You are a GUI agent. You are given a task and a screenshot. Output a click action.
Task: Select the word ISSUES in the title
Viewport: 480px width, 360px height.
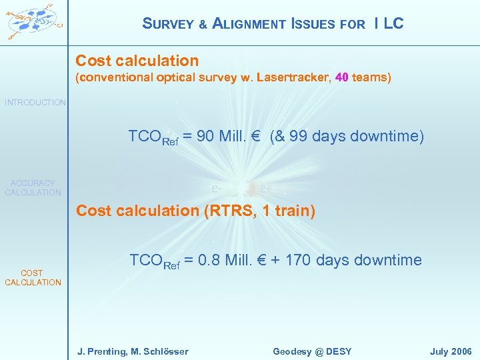tap(313, 24)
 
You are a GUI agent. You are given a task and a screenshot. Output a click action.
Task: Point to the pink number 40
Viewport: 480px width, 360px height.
tap(342, 78)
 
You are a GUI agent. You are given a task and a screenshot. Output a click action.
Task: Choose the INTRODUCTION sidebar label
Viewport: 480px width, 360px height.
tap(35, 103)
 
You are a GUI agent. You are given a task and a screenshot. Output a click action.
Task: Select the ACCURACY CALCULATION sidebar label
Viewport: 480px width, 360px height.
tap(33, 187)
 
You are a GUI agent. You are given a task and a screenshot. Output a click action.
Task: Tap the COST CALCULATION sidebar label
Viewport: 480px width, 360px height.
tap(33, 277)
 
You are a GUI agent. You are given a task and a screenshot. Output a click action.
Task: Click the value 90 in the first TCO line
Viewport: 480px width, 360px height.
tap(205, 137)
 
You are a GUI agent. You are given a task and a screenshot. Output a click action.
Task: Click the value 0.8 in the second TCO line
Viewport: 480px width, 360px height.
tap(209, 260)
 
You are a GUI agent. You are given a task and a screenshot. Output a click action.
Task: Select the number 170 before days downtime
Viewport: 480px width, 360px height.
tap(298, 260)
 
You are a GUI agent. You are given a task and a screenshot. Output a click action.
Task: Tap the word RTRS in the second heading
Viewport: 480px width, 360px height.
tap(220, 211)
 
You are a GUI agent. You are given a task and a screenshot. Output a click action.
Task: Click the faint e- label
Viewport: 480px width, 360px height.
tap(217, 189)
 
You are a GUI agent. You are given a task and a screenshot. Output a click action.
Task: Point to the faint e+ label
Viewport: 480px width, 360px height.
tap(265, 189)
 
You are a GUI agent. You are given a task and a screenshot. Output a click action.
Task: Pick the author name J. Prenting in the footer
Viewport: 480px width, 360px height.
tap(99, 351)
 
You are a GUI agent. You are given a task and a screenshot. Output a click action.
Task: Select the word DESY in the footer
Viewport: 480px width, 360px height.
tap(337, 351)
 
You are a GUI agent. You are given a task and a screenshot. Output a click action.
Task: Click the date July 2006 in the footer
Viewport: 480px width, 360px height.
tap(451, 351)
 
